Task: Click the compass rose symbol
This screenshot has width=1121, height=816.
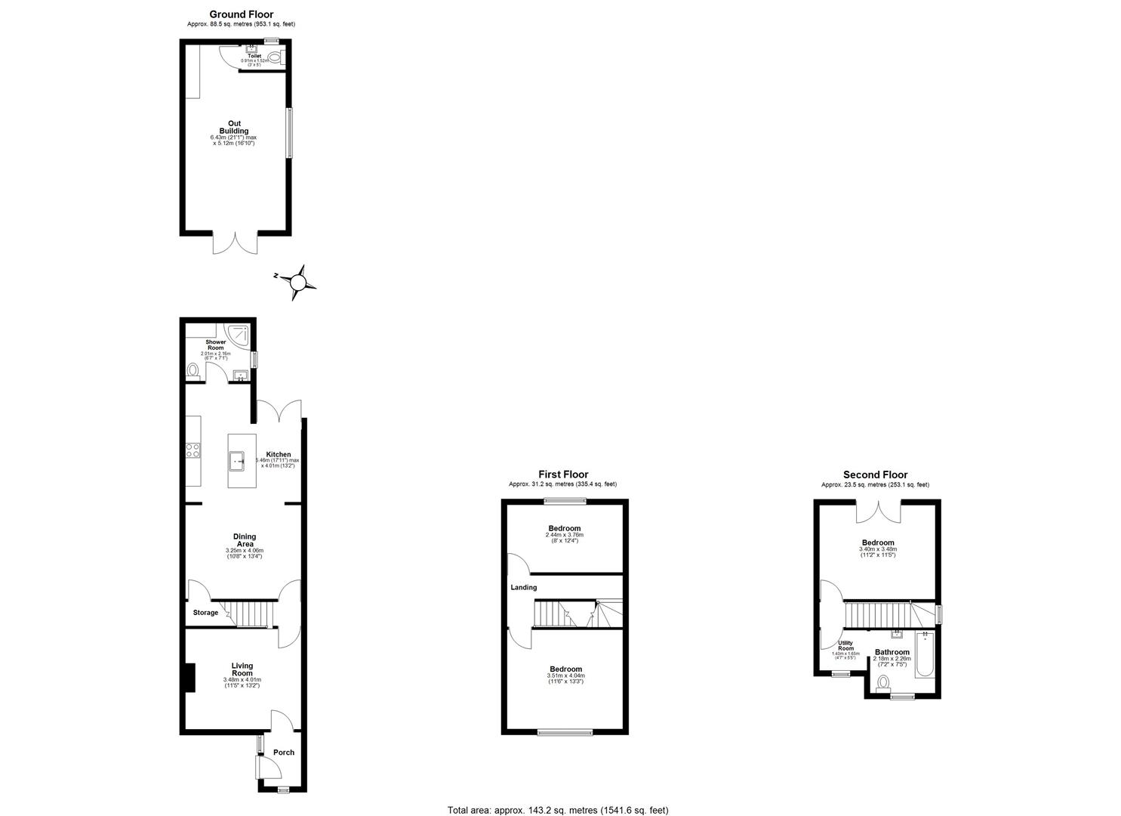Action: (298, 283)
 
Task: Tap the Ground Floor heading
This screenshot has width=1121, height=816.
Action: (241, 14)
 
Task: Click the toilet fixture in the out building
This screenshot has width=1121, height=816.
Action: (274, 57)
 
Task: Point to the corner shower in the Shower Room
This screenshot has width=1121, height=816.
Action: (239, 333)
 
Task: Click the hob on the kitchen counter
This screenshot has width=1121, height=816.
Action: (192, 450)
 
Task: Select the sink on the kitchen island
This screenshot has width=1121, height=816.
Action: (239, 459)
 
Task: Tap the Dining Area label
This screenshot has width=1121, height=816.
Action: (244, 540)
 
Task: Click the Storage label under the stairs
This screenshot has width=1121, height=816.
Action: (205, 613)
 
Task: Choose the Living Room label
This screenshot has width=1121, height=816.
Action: (242, 669)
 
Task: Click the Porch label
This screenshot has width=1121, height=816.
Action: (284, 753)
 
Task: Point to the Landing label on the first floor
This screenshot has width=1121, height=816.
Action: (523, 587)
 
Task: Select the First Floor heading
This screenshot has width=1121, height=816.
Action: (563, 474)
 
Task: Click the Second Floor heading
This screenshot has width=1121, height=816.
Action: (875, 474)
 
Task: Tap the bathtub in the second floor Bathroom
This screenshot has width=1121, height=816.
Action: (925, 655)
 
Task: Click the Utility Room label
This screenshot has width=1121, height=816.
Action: (845, 646)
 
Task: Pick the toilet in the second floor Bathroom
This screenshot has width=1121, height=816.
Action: (883, 682)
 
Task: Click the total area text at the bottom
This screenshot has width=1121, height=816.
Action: (558, 810)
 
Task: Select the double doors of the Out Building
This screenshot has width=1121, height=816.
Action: (235, 243)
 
